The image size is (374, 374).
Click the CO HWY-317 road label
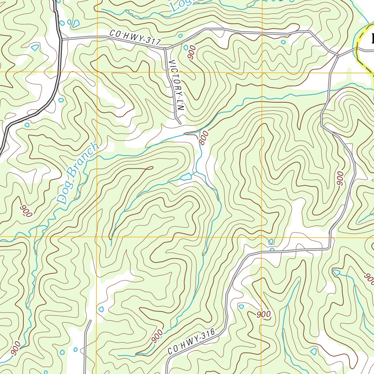pos(135,38)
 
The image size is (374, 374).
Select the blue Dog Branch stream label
pos(79,173)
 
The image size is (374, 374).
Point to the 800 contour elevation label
pos(204,138)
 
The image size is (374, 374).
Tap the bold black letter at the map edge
pos(372,38)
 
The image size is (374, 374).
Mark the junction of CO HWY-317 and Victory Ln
pos(165,48)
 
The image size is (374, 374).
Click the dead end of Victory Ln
pos(179,123)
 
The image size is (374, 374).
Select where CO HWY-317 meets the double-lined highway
pos(61,38)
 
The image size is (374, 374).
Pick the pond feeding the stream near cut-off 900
pos(336,272)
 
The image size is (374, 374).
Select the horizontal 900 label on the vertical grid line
pos(263,314)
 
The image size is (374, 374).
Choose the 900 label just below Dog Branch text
pos(27,211)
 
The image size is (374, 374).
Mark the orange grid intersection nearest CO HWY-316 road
pos(262,237)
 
